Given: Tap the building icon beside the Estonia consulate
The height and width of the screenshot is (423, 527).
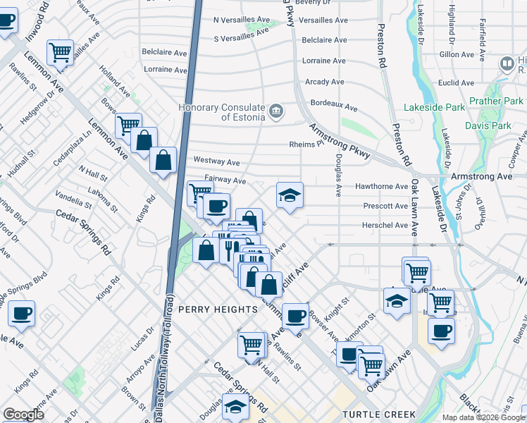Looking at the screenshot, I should (275, 111).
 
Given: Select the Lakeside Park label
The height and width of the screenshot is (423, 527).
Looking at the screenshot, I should (435, 108).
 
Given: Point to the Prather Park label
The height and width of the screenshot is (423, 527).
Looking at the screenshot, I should (497, 101).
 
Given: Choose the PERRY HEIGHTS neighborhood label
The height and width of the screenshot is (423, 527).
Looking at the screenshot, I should (218, 309).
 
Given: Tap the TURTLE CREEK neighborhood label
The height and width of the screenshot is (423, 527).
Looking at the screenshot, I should (379, 415).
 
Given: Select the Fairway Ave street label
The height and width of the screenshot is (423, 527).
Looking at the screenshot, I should (225, 180).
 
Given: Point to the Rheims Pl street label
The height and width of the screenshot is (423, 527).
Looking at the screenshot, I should (306, 145).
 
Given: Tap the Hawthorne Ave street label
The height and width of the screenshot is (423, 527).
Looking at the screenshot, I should (382, 187).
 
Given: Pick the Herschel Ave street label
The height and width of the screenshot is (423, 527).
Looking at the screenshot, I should (385, 226).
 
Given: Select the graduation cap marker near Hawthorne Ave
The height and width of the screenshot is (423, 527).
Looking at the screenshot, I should (289, 195).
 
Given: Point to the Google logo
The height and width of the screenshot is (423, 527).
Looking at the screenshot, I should (23, 415).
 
